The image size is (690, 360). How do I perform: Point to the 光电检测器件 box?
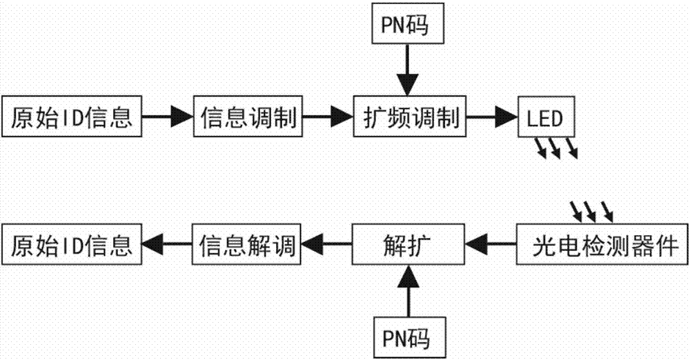[602, 243]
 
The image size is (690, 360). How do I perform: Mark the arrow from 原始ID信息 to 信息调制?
[166, 119]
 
